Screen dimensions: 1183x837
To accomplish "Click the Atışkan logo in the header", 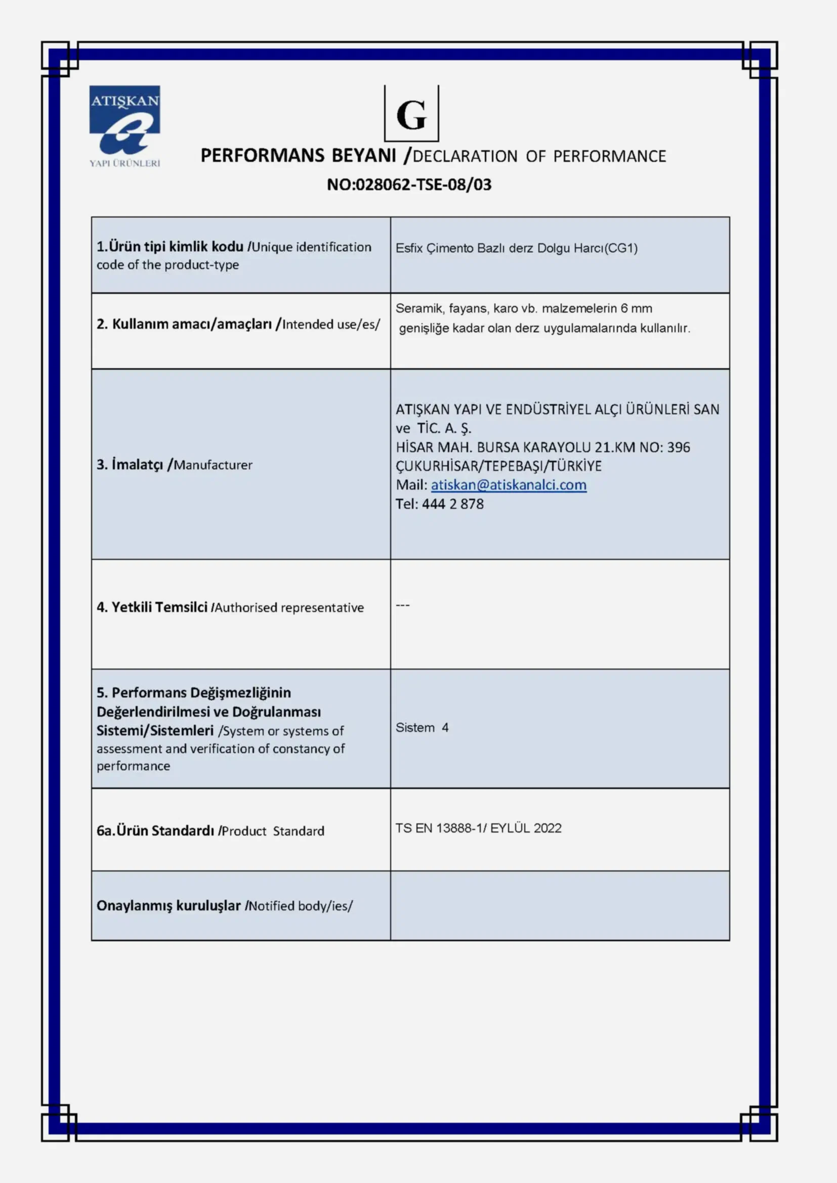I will click(x=124, y=126).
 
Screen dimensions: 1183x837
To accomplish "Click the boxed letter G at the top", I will click(x=411, y=114).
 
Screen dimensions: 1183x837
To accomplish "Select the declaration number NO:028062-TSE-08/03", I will click(x=409, y=185).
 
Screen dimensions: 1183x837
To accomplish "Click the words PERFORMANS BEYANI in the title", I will click(x=298, y=156).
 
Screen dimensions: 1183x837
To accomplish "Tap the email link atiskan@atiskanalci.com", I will click(x=508, y=485).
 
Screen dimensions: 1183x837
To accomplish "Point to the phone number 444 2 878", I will click(x=452, y=504).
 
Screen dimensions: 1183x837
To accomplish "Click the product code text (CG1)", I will click(x=620, y=248).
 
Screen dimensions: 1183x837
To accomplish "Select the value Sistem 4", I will click(x=422, y=727).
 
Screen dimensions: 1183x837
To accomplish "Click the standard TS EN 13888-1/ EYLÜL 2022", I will click(x=478, y=828).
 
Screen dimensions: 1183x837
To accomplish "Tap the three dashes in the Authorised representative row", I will click(x=402, y=605).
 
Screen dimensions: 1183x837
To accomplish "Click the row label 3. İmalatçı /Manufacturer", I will click(x=174, y=465).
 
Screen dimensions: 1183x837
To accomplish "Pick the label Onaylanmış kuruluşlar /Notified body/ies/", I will click(x=224, y=906).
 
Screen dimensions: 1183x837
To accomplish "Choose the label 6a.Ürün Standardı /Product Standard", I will click(x=211, y=830).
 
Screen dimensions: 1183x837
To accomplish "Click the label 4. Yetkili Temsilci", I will click(x=152, y=607).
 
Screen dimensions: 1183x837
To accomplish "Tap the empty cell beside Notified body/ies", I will click(x=560, y=906).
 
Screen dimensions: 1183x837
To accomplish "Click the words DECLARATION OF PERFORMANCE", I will click(x=539, y=156).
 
